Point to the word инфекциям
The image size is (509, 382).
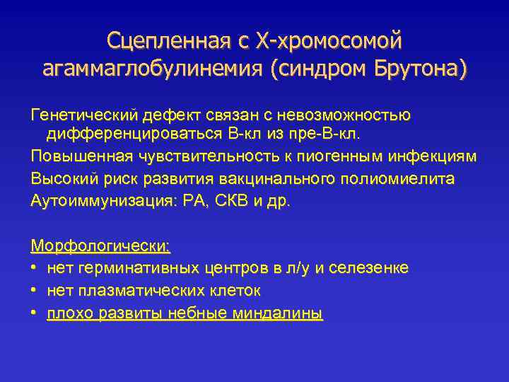[438, 156]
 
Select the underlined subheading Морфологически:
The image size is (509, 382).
[100, 247]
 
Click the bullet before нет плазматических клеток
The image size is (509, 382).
[35, 291]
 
